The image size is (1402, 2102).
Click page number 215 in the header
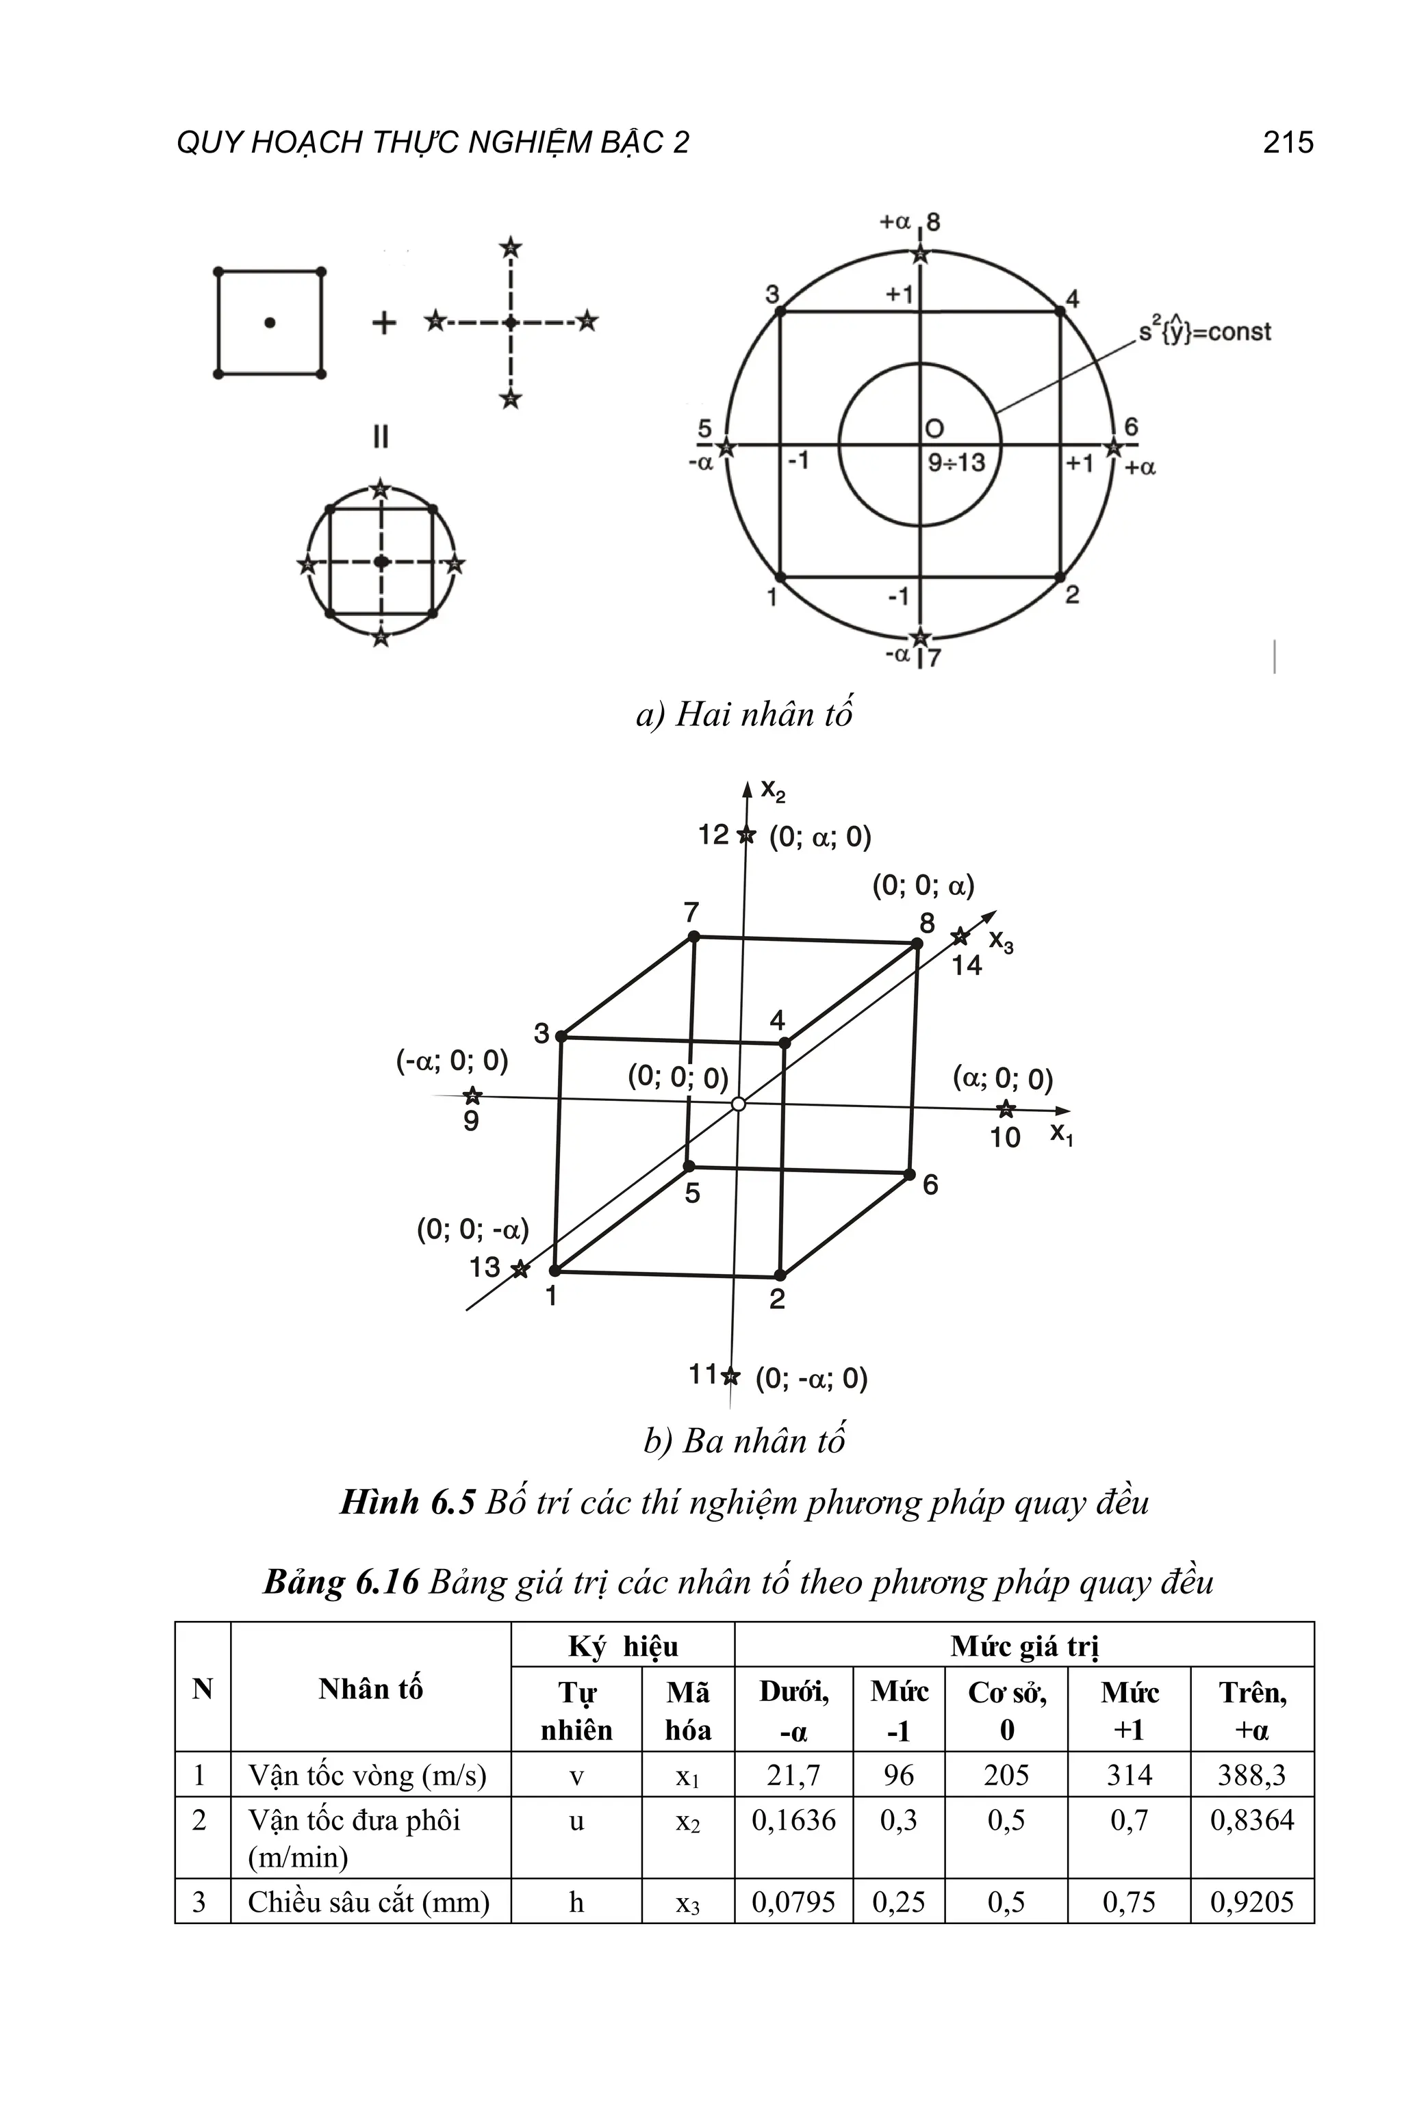tap(1287, 142)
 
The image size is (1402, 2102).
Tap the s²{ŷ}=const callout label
tap(1203, 332)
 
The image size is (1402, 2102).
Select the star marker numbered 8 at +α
tap(920, 255)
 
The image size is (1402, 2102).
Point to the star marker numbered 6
tap(1113, 446)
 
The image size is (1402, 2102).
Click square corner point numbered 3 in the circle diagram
tap(780, 312)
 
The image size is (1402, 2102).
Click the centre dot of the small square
tap(269, 323)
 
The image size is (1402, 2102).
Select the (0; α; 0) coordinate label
tap(820, 837)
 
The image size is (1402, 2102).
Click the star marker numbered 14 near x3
tap(959, 937)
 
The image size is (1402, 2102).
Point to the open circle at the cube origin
tap(738, 1104)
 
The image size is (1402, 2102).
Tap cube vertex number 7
tap(694, 937)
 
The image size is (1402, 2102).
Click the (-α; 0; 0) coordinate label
tap(453, 1061)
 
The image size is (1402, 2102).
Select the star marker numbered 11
tap(730, 1376)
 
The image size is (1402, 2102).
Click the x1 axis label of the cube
tap(1061, 1134)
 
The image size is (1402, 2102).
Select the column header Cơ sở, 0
tap(1007, 1711)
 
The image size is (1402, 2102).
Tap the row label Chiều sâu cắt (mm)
tap(368, 1902)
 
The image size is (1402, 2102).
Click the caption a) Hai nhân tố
tap(744, 714)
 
